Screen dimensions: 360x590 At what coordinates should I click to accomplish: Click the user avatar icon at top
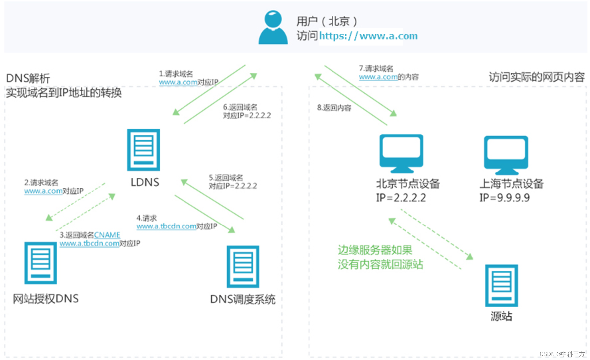[x=273, y=27]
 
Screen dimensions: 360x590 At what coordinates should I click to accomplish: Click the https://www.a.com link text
[x=368, y=36]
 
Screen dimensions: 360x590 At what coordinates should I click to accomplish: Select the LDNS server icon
[x=143, y=150]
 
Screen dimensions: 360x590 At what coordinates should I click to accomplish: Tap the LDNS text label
[x=145, y=182]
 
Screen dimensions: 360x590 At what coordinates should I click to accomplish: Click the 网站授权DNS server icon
[x=40, y=263]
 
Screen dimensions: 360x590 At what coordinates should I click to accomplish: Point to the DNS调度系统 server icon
[x=243, y=266]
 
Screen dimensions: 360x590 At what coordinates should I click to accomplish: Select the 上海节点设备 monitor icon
[x=506, y=155]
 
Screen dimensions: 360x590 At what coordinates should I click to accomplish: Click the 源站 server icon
[x=501, y=285]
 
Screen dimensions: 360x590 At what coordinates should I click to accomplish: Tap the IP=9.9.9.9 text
[x=504, y=198]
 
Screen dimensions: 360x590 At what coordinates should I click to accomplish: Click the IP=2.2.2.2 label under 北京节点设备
[x=401, y=198]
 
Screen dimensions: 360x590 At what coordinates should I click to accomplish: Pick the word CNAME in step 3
[x=107, y=235]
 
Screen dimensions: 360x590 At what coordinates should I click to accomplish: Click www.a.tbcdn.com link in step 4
[x=167, y=226]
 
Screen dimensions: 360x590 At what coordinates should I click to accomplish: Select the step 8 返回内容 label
[x=334, y=108]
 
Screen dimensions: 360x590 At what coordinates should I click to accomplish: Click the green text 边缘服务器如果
[x=375, y=250]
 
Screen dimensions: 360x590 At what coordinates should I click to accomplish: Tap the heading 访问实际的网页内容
[x=536, y=77]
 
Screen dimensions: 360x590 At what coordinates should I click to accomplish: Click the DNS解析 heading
[x=28, y=79]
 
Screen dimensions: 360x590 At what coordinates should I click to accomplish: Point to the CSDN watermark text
[x=561, y=354]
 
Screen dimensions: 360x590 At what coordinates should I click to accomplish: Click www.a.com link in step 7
[x=378, y=77]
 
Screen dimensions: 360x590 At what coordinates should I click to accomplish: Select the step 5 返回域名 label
[x=226, y=178]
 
